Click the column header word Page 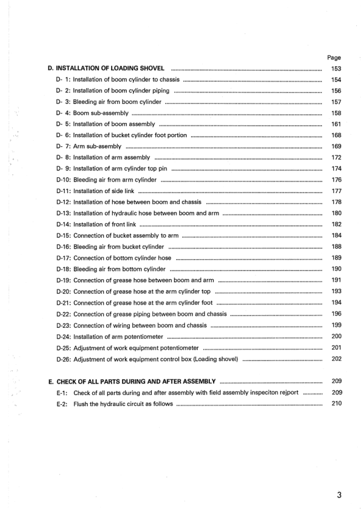[334, 58]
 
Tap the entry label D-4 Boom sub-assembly [92, 113]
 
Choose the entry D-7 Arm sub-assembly [89, 147]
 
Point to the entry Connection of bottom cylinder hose [114, 258]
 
